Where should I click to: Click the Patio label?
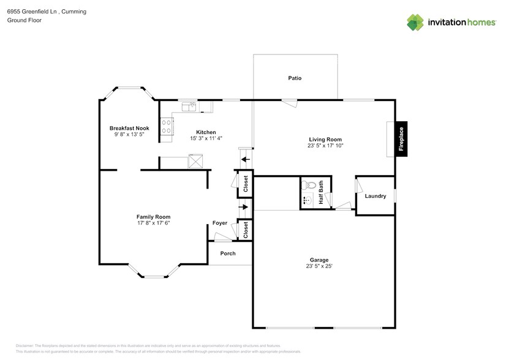point(295,78)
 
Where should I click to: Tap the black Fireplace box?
point(402,139)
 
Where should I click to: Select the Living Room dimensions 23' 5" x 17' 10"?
point(325,146)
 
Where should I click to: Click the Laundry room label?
point(375,196)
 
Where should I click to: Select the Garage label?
point(319,260)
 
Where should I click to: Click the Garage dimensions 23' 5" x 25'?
point(319,266)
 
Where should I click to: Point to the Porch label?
point(228,253)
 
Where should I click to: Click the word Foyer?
point(219,223)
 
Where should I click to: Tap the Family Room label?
point(153,217)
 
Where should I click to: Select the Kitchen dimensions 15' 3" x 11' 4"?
point(205,138)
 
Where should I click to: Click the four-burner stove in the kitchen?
point(166,126)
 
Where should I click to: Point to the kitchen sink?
point(189,106)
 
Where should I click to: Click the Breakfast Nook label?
point(129,128)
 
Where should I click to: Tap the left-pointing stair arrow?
point(245,160)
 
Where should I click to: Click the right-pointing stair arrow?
point(245,207)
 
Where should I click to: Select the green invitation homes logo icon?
point(416,22)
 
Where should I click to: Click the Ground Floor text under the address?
point(23,20)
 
